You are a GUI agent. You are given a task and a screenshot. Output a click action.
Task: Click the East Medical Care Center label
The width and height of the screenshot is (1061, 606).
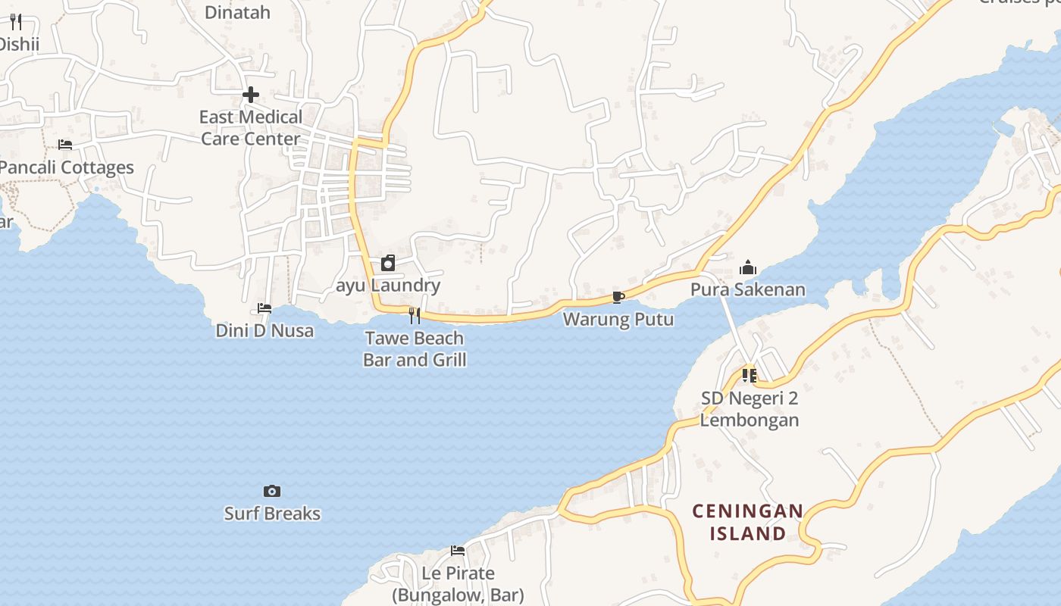coord(250,128)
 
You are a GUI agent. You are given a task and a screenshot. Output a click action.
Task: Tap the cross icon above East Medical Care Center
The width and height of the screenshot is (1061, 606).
coord(250,95)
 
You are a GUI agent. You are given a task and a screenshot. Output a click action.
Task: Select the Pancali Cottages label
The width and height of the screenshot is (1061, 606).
coord(67,167)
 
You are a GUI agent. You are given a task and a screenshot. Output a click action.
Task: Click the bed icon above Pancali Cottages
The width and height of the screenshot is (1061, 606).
coord(65,144)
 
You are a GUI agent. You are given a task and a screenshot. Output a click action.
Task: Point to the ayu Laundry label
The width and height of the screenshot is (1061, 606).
coord(388,286)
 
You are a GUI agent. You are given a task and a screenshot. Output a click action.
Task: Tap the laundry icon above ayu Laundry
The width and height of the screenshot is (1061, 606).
coord(388,263)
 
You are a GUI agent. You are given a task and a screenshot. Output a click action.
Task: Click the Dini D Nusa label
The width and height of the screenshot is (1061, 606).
coord(264,331)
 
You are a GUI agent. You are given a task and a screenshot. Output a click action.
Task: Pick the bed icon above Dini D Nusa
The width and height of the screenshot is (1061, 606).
coord(264,308)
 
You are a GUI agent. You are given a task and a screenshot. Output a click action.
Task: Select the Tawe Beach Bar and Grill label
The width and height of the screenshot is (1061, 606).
coord(415,348)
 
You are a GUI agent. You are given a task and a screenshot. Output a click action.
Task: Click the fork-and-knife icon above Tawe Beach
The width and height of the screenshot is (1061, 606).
coord(415,315)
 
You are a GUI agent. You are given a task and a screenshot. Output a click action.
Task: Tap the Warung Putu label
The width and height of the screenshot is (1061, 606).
coord(618,319)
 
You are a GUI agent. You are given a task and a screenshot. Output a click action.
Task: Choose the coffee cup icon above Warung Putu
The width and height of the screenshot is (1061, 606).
coord(618,296)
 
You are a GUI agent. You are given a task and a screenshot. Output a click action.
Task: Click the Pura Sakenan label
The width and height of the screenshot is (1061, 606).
coord(748,289)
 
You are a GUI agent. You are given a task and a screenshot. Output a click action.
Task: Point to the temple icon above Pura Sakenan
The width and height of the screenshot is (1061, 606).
coord(748,267)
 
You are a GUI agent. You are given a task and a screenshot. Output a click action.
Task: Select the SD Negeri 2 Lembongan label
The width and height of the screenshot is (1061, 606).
coord(750,409)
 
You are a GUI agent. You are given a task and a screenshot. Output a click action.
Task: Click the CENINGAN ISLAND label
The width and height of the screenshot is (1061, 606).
coord(748,523)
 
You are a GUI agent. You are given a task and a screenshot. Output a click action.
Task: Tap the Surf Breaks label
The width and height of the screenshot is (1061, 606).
coord(272,514)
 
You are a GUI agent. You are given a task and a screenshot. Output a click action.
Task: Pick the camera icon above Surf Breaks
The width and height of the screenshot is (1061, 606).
coord(272,491)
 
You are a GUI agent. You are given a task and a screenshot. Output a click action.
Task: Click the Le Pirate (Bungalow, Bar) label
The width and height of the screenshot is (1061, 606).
coord(458,584)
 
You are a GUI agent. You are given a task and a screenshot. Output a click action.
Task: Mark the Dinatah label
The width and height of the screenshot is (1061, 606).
coord(237,12)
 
